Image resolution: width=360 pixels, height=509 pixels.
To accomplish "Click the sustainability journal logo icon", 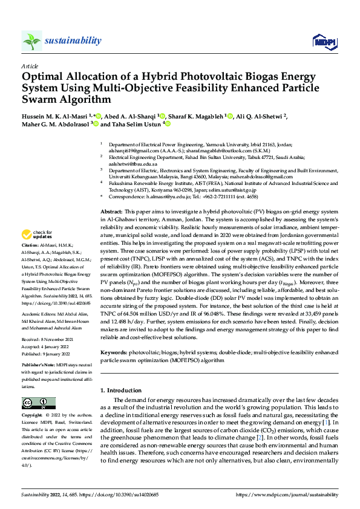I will tap(31, 41).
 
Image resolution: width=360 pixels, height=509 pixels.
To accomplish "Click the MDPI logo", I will tap(321, 41).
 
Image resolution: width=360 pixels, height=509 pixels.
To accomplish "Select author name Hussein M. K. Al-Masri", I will tap(60, 115).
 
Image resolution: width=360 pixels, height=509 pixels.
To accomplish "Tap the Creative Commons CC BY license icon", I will tap(39, 403).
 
